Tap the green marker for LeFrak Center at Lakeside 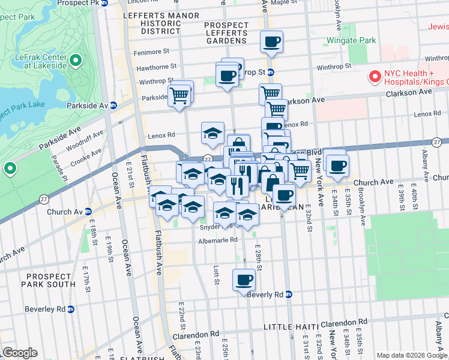pos(76,60)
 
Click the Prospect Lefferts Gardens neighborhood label pos(226,33)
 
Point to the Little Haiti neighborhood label pos(289,326)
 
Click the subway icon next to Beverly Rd pos(289,295)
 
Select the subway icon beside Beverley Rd pos(70,310)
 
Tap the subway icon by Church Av pos(88,212)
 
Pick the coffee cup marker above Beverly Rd pos(244,280)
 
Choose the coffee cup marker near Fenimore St pos(271,42)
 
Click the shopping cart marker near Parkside pos(179,94)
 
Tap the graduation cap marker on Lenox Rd pos(212,133)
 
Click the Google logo pos(20,352)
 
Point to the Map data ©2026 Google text pos(411,355)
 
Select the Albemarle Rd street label pos(218,241)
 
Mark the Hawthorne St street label pos(156,67)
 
